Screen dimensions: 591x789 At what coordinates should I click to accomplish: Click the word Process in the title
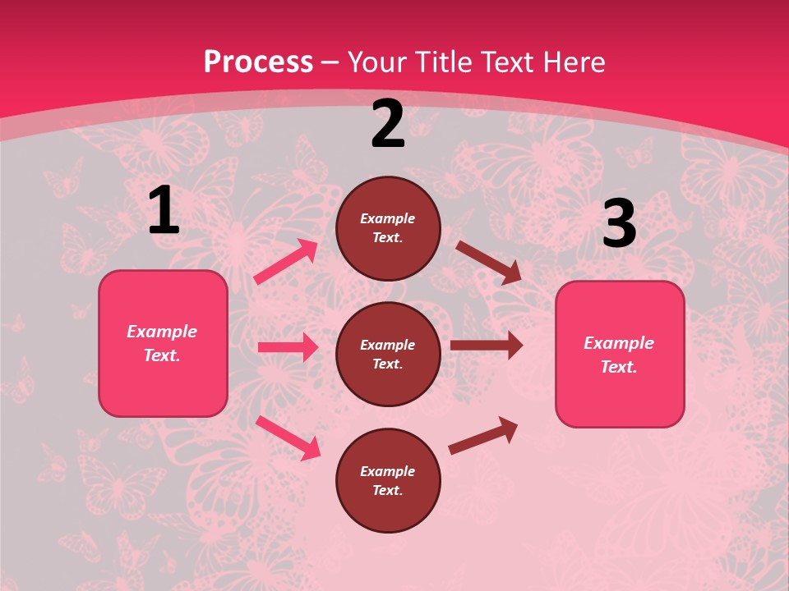[258, 62]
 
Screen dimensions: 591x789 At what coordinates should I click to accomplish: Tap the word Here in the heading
[570, 62]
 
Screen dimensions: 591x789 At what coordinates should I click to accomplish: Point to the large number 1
[164, 211]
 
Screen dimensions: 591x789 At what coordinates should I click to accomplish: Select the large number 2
[388, 125]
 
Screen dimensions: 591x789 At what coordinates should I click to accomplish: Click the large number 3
[619, 224]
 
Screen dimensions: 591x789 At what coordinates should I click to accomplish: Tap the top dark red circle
[388, 228]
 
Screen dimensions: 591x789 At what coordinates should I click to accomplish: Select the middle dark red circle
[388, 354]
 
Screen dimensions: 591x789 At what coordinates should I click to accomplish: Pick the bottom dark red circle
[388, 480]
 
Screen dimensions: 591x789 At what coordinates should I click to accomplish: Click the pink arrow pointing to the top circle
[286, 261]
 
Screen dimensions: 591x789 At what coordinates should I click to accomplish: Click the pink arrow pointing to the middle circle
[288, 347]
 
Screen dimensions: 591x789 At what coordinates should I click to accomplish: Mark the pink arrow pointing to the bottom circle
[288, 437]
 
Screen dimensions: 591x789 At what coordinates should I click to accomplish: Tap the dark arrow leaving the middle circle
[487, 346]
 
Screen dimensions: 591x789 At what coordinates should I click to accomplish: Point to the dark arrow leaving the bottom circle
[483, 435]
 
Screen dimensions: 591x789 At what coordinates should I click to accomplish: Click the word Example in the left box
[162, 332]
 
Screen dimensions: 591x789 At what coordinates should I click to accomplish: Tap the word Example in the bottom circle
[387, 471]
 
